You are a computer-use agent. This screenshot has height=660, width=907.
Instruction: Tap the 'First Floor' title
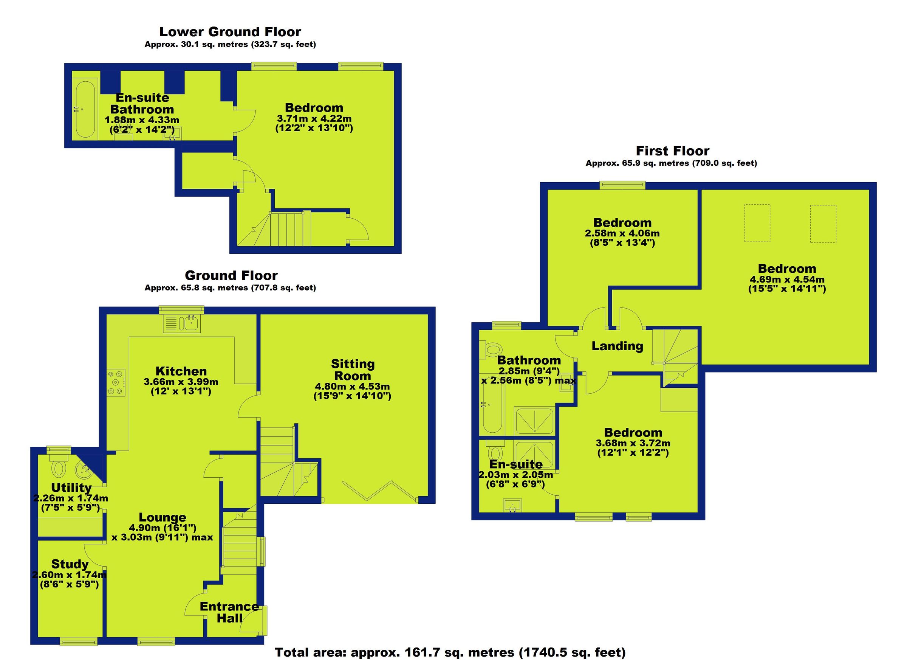672,151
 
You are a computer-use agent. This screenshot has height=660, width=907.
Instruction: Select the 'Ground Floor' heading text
231,275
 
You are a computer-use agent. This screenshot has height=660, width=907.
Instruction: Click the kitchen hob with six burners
116,382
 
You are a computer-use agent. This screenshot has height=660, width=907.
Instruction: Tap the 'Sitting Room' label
353,370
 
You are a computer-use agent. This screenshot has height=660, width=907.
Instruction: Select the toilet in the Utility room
59,468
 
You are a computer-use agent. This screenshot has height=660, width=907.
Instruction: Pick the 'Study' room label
70,564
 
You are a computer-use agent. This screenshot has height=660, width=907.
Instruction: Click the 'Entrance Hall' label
229,612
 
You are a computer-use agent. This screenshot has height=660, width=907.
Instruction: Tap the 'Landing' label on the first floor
617,346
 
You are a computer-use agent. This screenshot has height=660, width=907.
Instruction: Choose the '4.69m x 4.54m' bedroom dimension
786,280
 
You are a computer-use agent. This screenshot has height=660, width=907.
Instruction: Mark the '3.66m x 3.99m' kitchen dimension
181,382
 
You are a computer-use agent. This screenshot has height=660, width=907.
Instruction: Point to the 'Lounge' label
163,517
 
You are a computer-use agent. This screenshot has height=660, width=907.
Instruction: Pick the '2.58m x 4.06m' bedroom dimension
622,233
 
